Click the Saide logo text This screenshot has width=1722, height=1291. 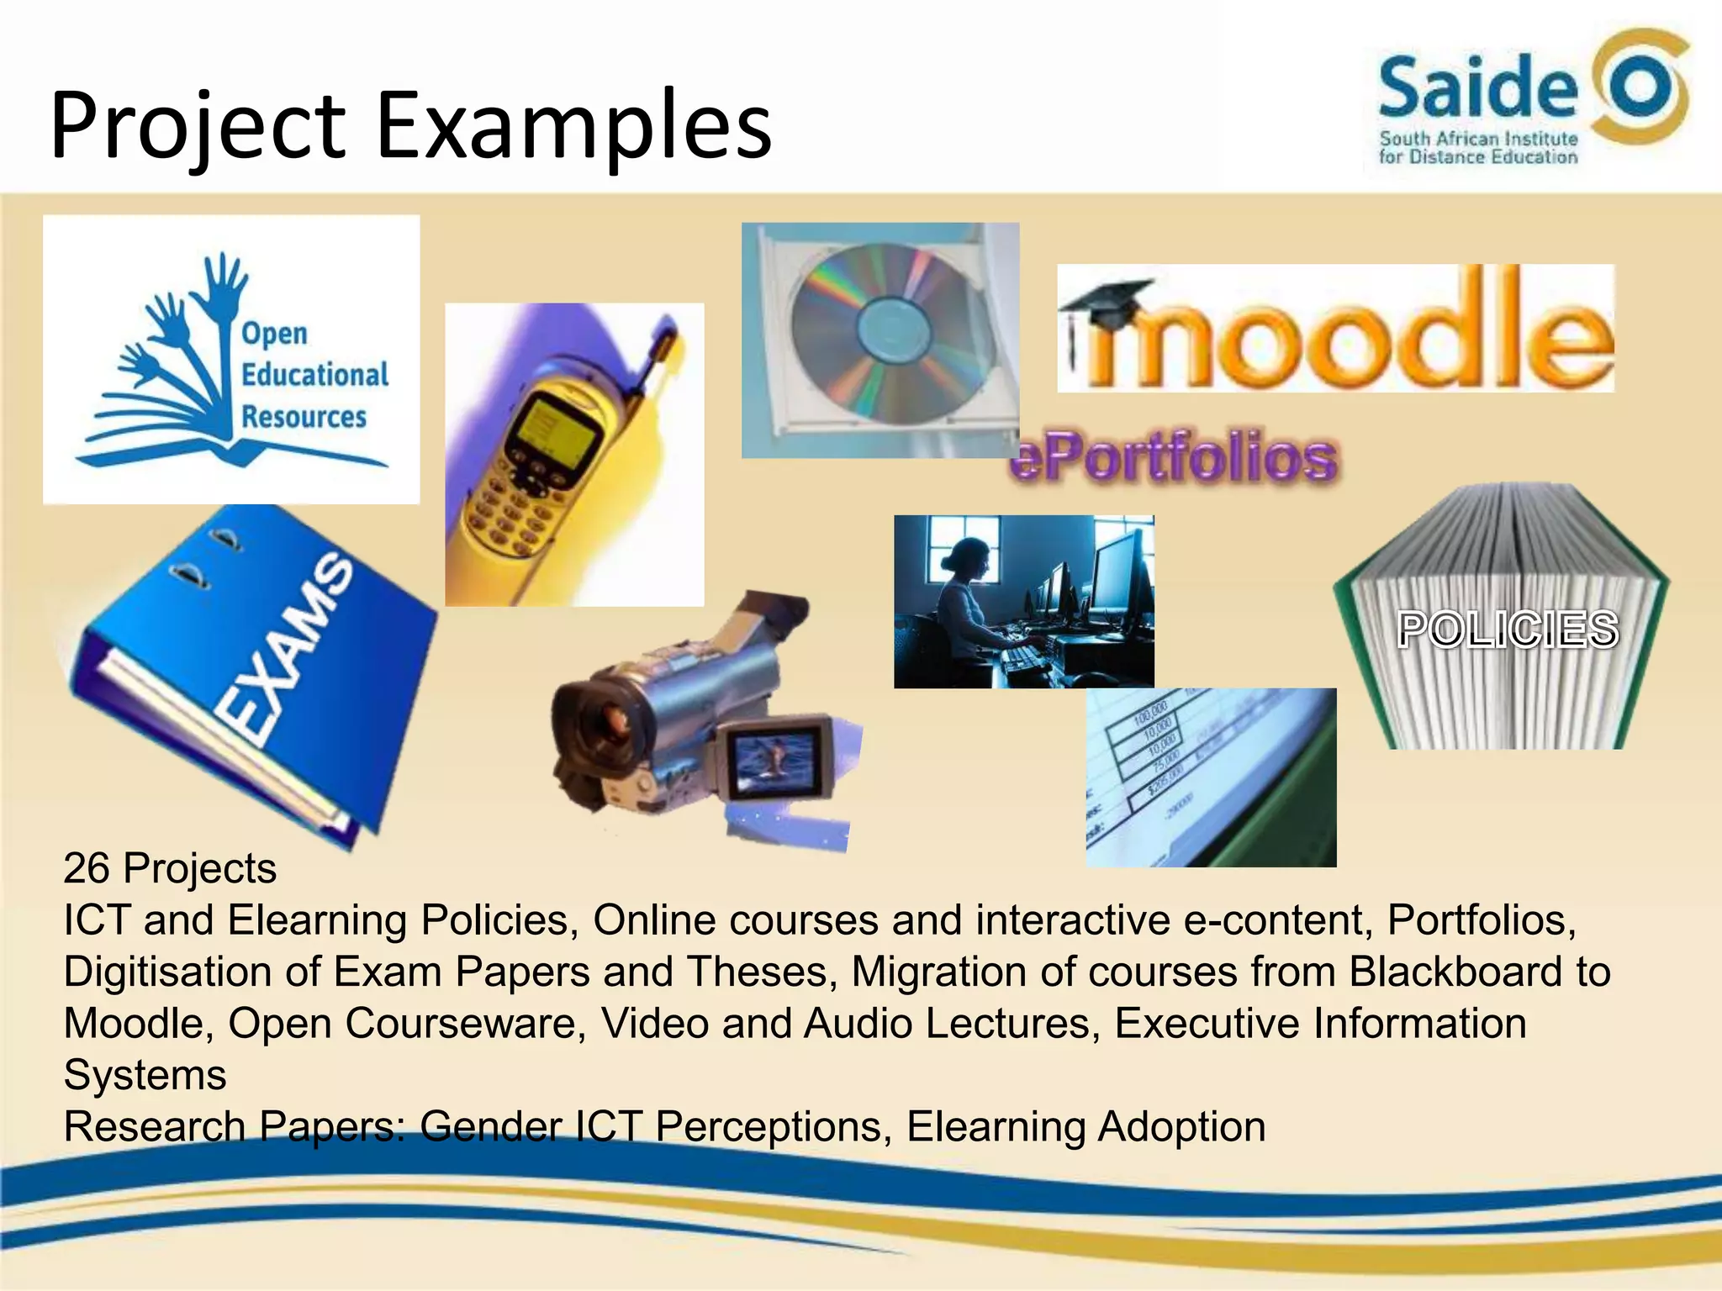coord(1477,88)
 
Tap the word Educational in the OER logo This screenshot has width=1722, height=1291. coord(314,375)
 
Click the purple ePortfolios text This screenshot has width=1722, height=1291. coord(1174,458)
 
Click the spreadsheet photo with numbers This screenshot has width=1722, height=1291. coord(1210,777)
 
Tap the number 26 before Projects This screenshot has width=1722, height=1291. coord(86,868)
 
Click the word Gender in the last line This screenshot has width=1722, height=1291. coord(489,1127)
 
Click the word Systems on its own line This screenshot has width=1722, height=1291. coord(145,1075)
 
